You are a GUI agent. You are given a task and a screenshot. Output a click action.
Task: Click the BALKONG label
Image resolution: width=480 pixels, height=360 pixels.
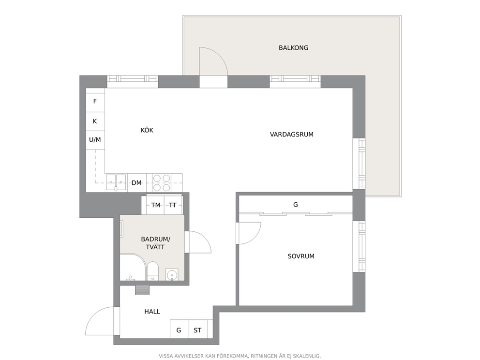[x=293, y=48]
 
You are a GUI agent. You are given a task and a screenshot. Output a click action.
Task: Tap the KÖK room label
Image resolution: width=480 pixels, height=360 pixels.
[x=147, y=130]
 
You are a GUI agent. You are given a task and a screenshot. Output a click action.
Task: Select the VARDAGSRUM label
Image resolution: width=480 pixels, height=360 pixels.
[x=291, y=135]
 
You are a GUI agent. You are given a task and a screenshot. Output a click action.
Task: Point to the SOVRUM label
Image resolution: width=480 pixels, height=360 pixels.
[x=301, y=256]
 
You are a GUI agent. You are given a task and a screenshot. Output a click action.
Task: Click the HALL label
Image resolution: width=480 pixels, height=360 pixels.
[x=152, y=312]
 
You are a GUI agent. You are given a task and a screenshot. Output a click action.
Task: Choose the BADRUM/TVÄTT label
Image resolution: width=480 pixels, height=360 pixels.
[x=155, y=243]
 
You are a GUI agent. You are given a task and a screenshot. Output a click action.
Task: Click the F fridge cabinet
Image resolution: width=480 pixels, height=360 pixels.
[x=95, y=101]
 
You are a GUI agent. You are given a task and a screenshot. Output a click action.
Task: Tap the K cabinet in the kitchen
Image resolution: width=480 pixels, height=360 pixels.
[x=95, y=121]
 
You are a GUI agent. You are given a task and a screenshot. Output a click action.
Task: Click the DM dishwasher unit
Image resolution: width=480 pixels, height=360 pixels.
[x=137, y=183]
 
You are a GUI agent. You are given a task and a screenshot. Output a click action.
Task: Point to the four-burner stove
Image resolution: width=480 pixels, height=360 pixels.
[x=162, y=183]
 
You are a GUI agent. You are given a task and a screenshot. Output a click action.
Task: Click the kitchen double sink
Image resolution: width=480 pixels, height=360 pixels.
[x=116, y=182]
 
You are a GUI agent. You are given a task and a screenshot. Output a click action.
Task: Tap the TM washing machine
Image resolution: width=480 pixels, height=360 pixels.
[x=155, y=205]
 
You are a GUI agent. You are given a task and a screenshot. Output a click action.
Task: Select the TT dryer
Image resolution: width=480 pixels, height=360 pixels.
[x=173, y=205]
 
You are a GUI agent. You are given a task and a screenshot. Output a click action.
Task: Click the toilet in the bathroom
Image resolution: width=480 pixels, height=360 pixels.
[x=152, y=271]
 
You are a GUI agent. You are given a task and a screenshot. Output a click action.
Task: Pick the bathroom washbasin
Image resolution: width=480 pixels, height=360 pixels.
[x=172, y=274]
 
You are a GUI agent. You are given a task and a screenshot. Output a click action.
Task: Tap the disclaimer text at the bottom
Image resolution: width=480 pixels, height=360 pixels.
[x=240, y=356]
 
